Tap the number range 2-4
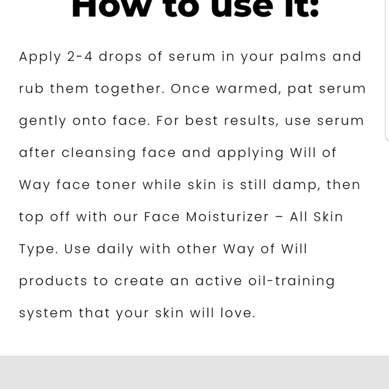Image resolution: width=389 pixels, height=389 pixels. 80,56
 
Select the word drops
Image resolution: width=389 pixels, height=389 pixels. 120,57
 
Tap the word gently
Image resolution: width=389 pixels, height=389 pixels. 43,121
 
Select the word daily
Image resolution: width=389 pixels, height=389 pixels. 115,249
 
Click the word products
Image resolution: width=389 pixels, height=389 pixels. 53,281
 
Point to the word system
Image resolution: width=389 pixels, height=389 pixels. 45,313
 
